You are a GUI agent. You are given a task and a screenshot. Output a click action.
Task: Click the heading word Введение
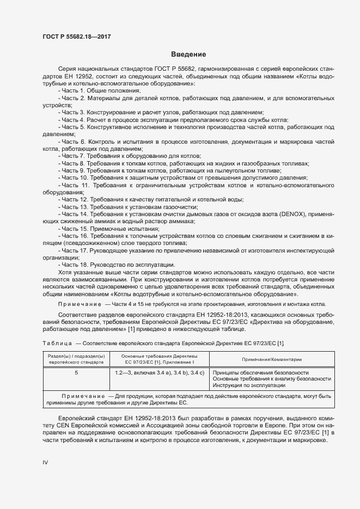(188, 54)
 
